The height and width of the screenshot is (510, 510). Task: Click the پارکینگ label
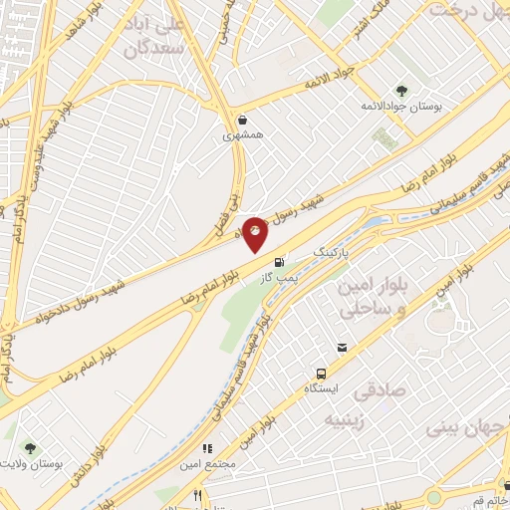(335, 253)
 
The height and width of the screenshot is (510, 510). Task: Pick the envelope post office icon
(342, 348)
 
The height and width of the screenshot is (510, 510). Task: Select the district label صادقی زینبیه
(351, 406)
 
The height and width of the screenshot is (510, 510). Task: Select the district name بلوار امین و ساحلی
(373, 299)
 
